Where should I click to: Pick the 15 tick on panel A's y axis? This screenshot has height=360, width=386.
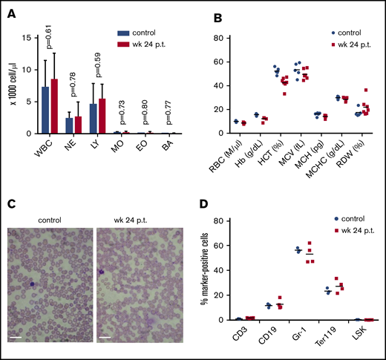[27, 37]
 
